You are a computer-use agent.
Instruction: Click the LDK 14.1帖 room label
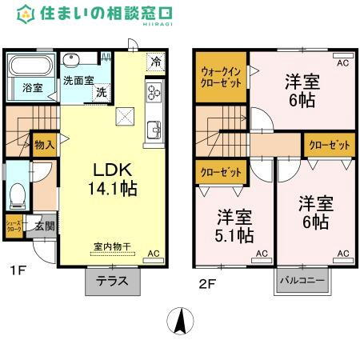111,181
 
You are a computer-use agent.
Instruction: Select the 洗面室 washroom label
78,80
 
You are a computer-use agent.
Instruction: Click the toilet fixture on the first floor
16,194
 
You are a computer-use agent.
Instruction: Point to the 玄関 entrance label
44,226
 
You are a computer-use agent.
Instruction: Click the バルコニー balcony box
303,281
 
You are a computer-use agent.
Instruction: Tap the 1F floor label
18,270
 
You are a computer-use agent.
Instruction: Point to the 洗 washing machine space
101,91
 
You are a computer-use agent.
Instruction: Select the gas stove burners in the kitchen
154,94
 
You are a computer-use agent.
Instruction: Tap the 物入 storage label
45,145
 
